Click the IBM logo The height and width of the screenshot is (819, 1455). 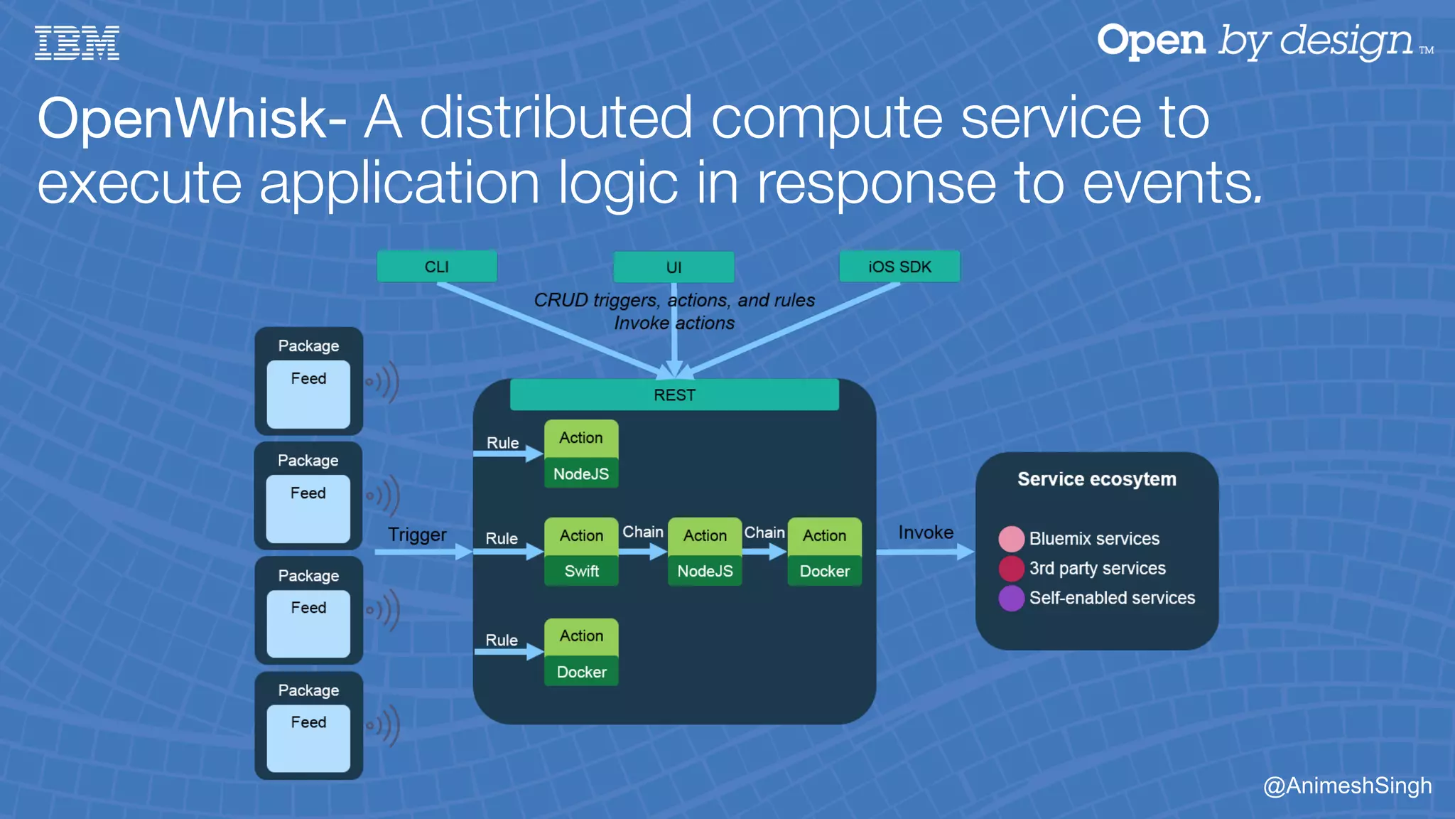coord(77,43)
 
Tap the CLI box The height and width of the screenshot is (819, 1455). coord(436,267)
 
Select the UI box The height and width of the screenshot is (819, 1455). coord(674,267)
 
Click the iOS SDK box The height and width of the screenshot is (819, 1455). coord(899,267)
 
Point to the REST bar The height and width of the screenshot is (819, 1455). coord(674,395)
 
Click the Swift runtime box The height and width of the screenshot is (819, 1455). coord(581,571)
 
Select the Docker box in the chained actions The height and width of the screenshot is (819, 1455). coord(824,571)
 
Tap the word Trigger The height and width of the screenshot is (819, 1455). coord(417,535)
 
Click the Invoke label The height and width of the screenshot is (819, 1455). coord(925,532)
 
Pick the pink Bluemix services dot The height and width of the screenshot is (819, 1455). coord(1011,539)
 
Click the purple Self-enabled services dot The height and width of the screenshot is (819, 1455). coord(1011,598)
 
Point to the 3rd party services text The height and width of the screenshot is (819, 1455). coord(1097,568)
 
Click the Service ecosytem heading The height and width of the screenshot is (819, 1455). coord(1096,479)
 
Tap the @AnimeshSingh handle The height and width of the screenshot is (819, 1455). coord(1347,786)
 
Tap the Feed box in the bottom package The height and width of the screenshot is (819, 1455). coord(308,737)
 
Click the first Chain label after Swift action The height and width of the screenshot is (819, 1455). coord(642,532)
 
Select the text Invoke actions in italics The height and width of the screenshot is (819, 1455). coord(674,323)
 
